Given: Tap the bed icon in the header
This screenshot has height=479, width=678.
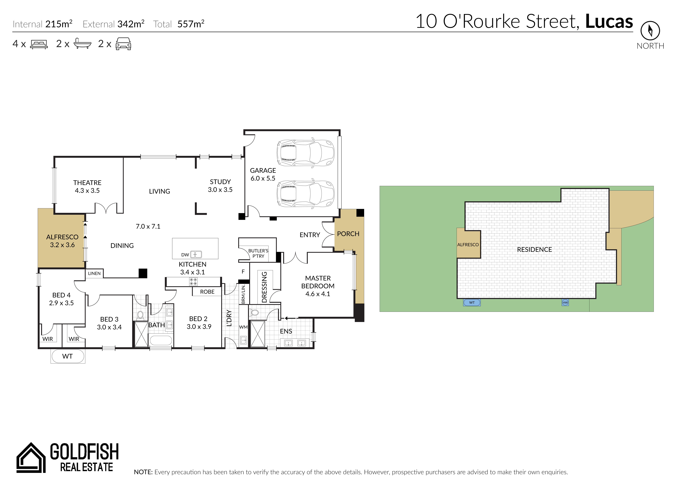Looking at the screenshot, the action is pyautogui.click(x=39, y=44).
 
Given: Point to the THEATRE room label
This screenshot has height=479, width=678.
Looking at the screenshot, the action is pyautogui.click(x=87, y=183).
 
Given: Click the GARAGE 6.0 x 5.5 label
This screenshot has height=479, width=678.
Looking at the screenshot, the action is pyautogui.click(x=263, y=174).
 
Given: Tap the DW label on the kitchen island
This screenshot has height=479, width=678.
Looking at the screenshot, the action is pyautogui.click(x=185, y=255).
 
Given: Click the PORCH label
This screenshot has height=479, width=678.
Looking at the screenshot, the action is pyautogui.click(x=348, y=234).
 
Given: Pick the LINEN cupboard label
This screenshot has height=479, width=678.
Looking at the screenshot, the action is pyautogui.click(x=94, y=273).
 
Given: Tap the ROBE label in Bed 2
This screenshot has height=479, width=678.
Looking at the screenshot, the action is pyautogui.click(x=207, y=292).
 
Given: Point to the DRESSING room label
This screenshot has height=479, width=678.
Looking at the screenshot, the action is pyautogui.click(x=264, y=287).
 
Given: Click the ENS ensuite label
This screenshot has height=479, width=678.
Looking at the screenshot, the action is pyautogui.click(x=286, y=331).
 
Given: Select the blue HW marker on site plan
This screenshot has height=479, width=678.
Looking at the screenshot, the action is pyautogui.click(x=565, y=302).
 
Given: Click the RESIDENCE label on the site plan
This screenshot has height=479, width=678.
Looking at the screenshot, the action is pyautogui.click(x=534, y=250).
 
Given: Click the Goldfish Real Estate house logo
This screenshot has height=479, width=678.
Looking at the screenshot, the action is pyautogui.click(x=31, y=457).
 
